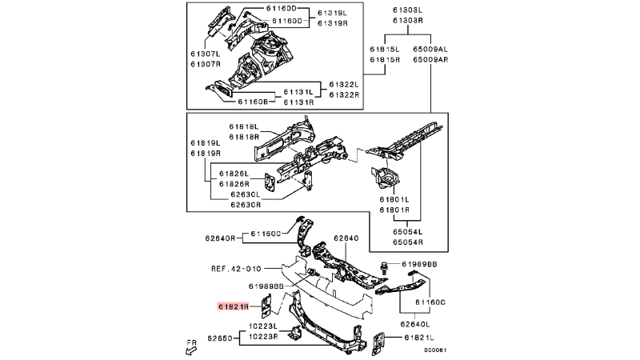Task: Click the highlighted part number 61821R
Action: pos(233,306)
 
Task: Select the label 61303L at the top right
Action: pos(407,10)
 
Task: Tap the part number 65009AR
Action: pos(430,59)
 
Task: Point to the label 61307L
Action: pos(206,54)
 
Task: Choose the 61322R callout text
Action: pos(344,94)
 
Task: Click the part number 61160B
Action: pos(253,102)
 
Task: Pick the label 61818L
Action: pos(244,126)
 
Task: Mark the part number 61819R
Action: pos(206,154)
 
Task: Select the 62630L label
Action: pos(246,194)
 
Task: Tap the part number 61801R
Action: pos(394,210)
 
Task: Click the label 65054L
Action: pos(408,232)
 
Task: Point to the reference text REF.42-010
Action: pos(236,269)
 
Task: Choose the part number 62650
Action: pos(219,338)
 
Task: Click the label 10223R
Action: pos(263,336)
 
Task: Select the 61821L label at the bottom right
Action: pos(418,338)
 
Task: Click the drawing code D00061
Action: pos(435,350)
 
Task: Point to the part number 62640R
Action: pos(220,238)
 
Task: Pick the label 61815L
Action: pos(385,50)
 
